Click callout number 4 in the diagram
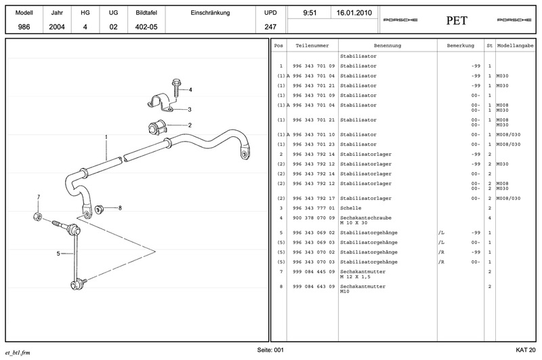[x=190, y=89]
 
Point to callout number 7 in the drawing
[x=39, y=197]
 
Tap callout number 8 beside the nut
[x=120, y=207]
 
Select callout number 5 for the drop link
[x=59, y=254]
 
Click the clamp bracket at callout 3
[x=160, y=104]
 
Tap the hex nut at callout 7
[x=38, y=217]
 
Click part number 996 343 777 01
[x=314, y=207]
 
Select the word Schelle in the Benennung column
[x=350, y=207]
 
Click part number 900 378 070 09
[x=314, y=218]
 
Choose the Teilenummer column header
[x=312, y=45]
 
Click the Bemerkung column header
[x=451, y=45]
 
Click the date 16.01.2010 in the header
[x=353, y=13]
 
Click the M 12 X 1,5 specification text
[x=356, y=276]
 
